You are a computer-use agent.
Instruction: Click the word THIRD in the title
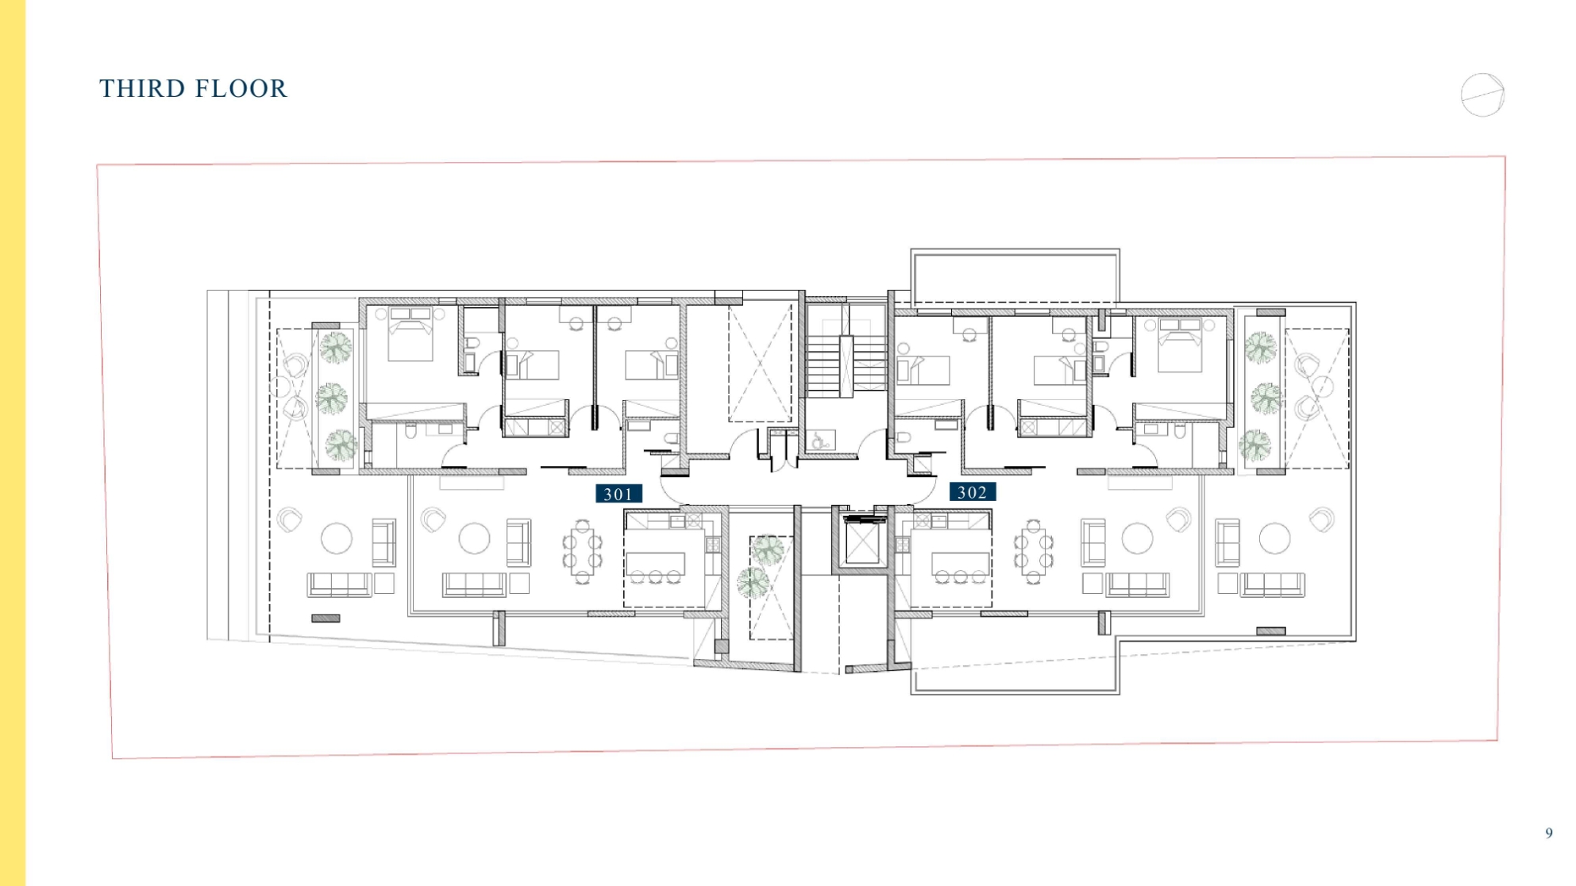tap(140, 88)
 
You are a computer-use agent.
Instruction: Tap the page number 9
tap(1548, 833)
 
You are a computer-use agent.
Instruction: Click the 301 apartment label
tap(618, 494)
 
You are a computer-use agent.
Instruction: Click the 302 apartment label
tap(973, 492)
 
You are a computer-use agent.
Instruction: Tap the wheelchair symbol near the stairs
tap(821, 440)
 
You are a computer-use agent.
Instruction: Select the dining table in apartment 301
tap(582, 552)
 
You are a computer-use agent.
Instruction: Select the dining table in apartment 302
tap(1033, 552)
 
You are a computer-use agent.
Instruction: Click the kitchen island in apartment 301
tap(656, 563)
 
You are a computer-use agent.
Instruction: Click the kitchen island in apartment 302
tap(961, 563)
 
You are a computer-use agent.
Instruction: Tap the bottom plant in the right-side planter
tap(1254, 445)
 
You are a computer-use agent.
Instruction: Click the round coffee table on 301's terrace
tap(337, 538)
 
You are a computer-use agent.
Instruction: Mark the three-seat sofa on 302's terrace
tap(1273, 585)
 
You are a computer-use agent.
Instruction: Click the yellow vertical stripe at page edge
tap(13, 443)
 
